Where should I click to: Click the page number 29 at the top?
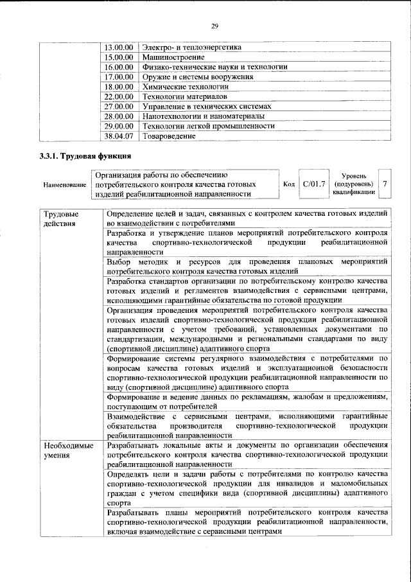214,26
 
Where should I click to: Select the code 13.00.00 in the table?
118,47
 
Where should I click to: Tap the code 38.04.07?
118,136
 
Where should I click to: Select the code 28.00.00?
118,116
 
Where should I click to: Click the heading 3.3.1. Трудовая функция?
82,156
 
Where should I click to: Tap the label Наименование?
65,185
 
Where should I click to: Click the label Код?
289,184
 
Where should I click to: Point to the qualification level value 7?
385,184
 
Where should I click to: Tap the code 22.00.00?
118,96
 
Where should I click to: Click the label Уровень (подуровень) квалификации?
354,183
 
